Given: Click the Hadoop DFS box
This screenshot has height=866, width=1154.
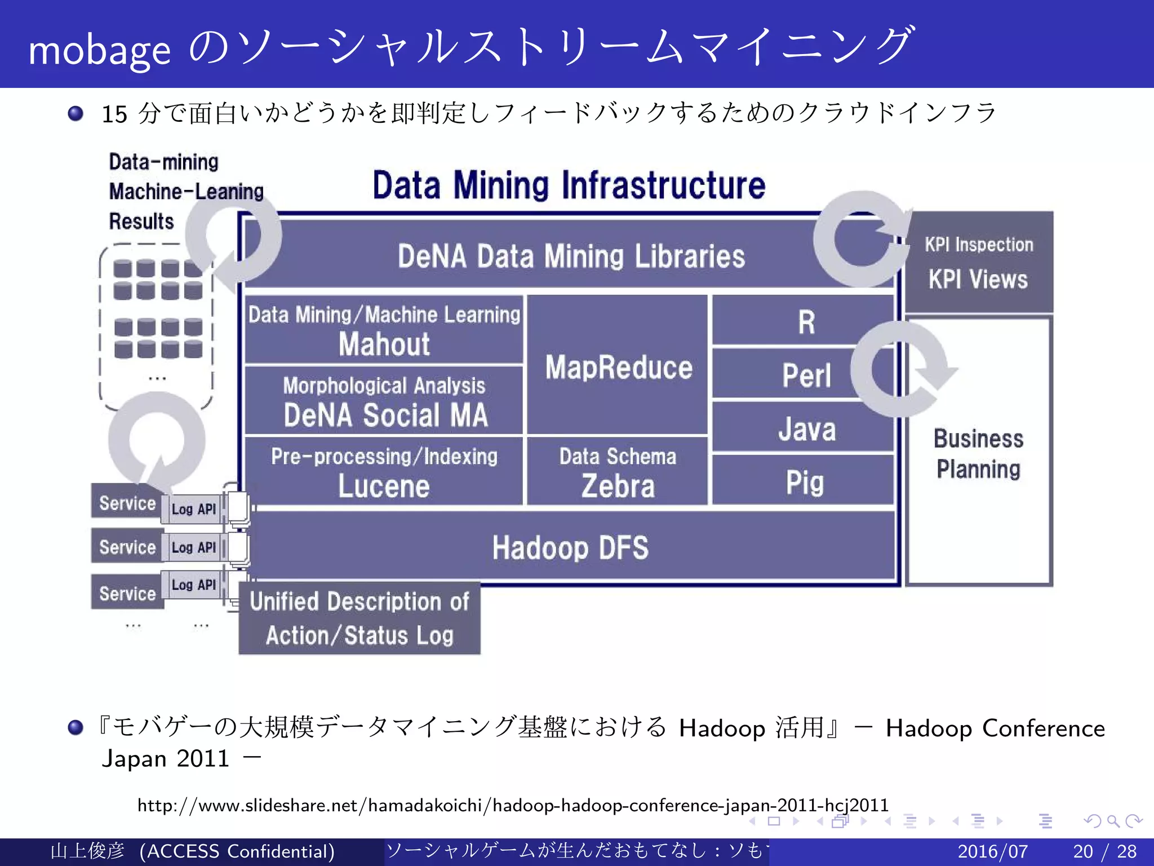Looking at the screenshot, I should tap(570, 547).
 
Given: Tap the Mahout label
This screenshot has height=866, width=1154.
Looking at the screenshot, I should tap(384, 344).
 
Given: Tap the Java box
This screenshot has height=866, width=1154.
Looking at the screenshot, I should tap(806, 428).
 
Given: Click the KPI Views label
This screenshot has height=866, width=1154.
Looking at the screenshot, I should tap(978, 279).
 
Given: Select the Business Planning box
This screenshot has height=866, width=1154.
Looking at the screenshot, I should tap(978, 454).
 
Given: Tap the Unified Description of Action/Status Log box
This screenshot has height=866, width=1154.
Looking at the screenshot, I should tap(359, 618).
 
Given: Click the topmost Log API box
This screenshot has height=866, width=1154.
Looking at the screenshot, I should tap(193, 509).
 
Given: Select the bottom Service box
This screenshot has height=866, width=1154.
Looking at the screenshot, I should tap(127, 593).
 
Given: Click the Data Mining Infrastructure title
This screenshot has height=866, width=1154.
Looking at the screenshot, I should tap(569, 185).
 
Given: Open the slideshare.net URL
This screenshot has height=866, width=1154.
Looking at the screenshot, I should tap(513, 805).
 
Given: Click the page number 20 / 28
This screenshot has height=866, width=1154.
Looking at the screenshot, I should tap(1104, 851).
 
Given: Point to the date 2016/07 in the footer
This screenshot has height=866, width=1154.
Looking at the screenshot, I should tap(993, 851).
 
